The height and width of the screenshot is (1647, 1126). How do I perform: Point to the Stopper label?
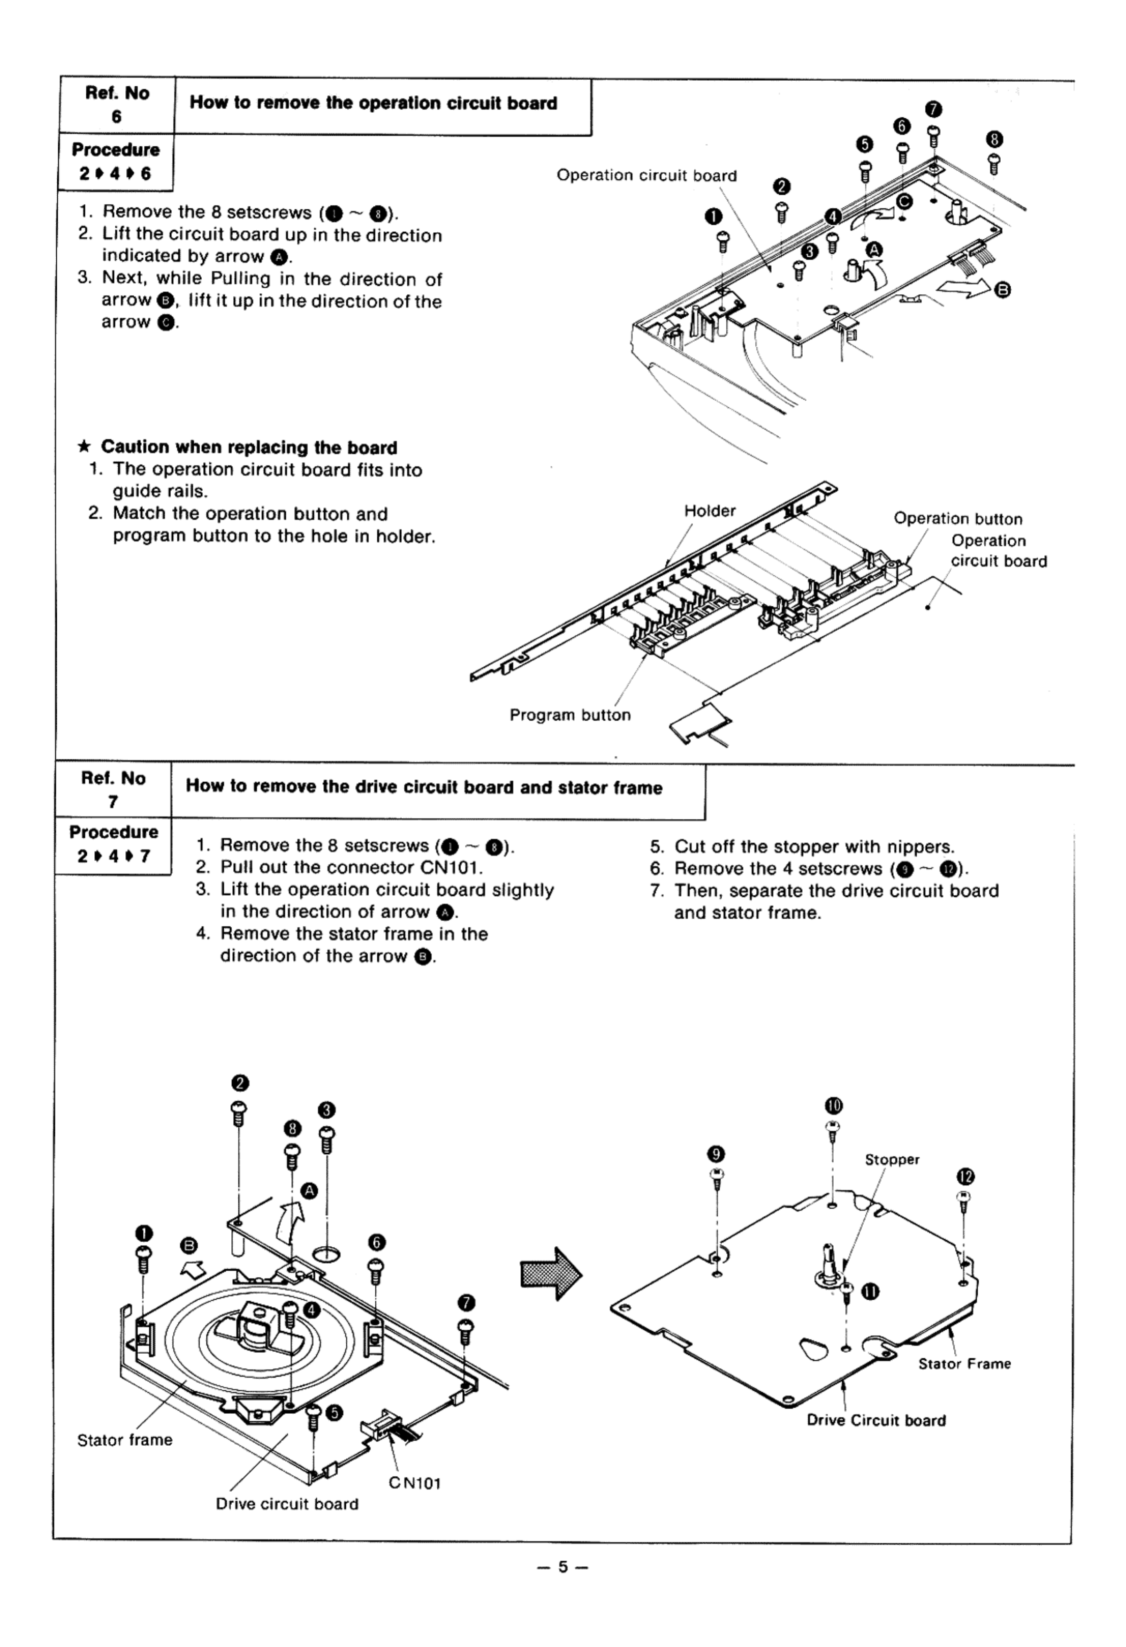(891, 1159)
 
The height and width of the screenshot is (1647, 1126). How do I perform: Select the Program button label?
(570, 715)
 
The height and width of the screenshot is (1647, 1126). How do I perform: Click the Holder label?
(709, 511)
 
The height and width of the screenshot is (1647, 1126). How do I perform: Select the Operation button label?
(958, 519)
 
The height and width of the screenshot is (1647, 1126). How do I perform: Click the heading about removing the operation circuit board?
(373, 104)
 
